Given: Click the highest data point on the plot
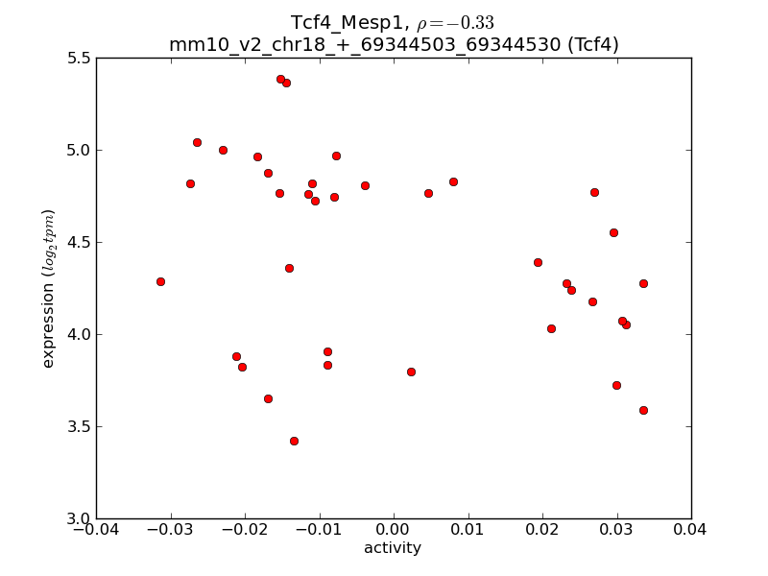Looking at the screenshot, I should [280, 79].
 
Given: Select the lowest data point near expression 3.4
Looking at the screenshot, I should [294, 441].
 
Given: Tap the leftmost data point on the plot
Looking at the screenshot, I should [160, 281].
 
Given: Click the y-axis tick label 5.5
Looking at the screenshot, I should [78, 59].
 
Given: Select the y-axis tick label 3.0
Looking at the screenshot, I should [78, 518].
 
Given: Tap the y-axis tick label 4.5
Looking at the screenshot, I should [78, 242].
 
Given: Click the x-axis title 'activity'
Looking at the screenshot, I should [393, 549].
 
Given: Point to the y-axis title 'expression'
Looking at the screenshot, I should [48, 288].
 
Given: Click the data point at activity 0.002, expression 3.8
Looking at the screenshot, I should [411, 372].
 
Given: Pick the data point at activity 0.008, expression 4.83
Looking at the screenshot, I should [453, 181].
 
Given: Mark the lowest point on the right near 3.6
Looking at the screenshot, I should [643, 410].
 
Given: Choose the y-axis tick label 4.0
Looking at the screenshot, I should [78, 334].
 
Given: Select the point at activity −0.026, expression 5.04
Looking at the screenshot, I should [197, 142].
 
